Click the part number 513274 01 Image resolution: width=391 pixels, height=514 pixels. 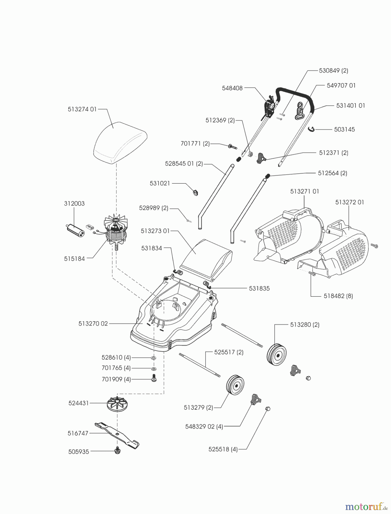[82, 109]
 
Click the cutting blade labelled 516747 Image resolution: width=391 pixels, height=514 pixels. [117, 434]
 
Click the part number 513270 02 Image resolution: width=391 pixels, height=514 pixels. [93, 324]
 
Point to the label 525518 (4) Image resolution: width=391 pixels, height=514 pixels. [223, 449]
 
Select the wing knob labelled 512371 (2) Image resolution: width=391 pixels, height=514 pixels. [261, 157]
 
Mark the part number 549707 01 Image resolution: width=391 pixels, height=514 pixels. [341, 85]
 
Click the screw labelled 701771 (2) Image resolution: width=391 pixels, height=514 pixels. [232, 147]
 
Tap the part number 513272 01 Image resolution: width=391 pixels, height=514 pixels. [350, 202]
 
